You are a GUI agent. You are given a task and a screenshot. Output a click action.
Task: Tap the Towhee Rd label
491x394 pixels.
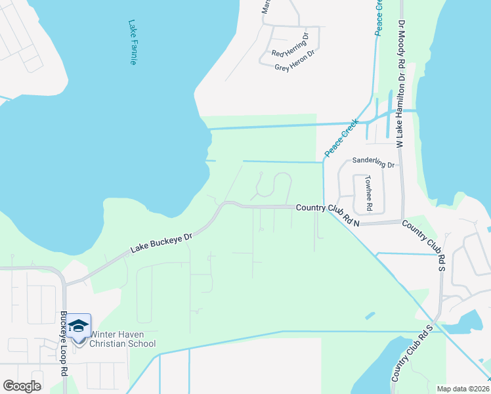coord(370,193)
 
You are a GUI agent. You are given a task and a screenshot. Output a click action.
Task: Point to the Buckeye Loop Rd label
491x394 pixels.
coord(64,352)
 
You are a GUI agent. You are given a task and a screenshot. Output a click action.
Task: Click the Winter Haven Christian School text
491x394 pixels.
coord(123,339)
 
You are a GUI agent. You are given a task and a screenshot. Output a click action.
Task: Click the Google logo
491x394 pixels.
coord(22,386)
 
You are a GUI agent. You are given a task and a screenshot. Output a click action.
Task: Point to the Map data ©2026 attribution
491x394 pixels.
coord(463,389)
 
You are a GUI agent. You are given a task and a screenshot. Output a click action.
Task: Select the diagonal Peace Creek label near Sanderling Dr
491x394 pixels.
coord(341,138)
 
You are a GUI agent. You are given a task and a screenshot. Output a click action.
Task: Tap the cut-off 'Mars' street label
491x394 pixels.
coord(267,7)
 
